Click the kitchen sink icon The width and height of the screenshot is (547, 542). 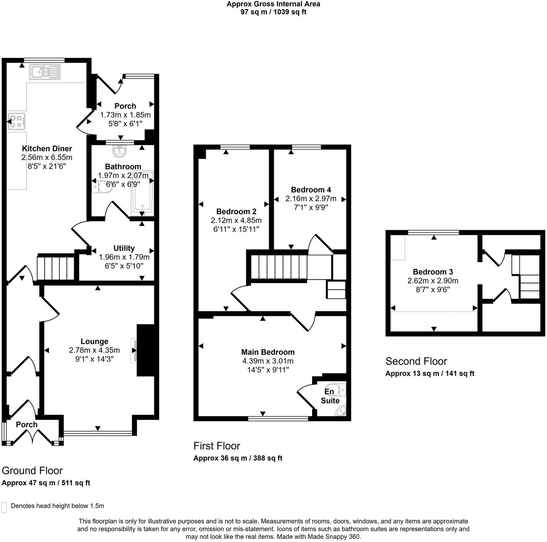click(x=45, y=72)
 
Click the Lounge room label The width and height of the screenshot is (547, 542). click(x=94, y=341)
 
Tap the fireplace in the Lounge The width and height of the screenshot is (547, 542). click(x=134, y=350)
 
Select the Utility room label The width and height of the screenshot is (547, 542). click(x=124, y=248)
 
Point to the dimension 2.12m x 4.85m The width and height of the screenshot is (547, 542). click(x=236, y=220)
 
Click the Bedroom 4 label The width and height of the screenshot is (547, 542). click(x=311, y=190)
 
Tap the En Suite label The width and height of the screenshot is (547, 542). click(x=330, y=396)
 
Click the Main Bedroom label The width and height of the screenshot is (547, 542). click(x=268, y=352)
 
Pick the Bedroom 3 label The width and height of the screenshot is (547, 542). click(x=433, y=272)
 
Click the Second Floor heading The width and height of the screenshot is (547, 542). click(x=416, y=361)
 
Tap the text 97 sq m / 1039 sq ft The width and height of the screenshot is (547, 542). click(x=273, y=12)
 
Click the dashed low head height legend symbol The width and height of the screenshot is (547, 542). click(x=4, y=507)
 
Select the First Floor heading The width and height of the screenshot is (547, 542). click(x=217, y=446)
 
